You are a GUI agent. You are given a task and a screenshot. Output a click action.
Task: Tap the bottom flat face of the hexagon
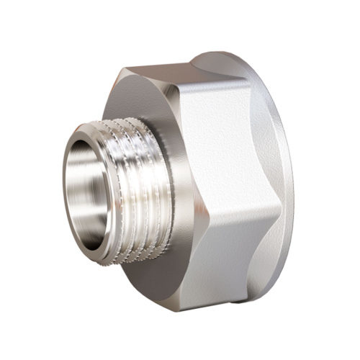pyautogui.click(x=216, y=266)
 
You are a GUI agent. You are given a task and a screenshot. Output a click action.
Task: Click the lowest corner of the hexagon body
pyautogui.click(x=181, y=310)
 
